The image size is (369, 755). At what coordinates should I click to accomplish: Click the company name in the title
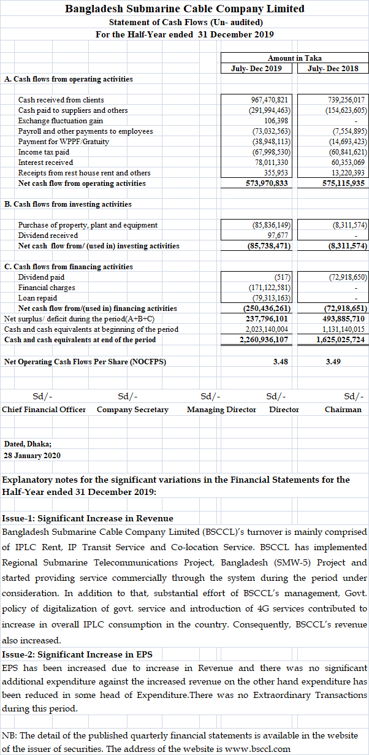click(x=184, y=9)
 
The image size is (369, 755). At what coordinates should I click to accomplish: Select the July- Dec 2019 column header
click(x=257, y=68)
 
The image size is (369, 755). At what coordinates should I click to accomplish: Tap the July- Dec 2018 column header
click(x=332, y=68)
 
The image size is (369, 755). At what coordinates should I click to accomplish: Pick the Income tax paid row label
click(x=44, y=151)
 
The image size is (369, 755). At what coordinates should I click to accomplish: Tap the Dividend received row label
click(x=48, y=235)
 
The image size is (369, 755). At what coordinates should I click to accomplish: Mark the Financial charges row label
click(x=47, y=287)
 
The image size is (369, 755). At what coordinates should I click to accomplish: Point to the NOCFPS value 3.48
click(x=281, y=362)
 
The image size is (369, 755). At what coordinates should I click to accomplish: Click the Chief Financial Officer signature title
click(x=44, y=409)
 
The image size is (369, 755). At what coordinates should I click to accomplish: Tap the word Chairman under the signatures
click(x=343, y=409)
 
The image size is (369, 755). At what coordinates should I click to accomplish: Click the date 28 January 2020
click(x=32, y=455)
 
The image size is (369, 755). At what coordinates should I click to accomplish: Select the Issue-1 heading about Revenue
click(x=88, y=519)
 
